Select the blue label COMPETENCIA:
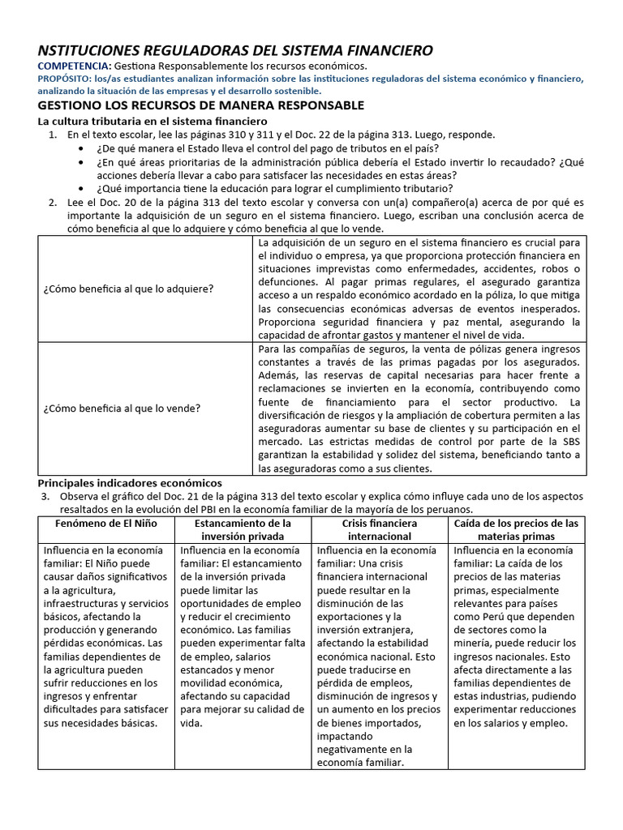pos(75,66)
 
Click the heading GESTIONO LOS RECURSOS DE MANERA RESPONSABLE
pos(201,105)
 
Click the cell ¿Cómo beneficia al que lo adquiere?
pos(128,289)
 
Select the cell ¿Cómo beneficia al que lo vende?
pos(122,408)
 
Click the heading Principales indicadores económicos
pos(130,482)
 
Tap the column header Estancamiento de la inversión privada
pos(243,530)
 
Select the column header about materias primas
pos(516,530)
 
